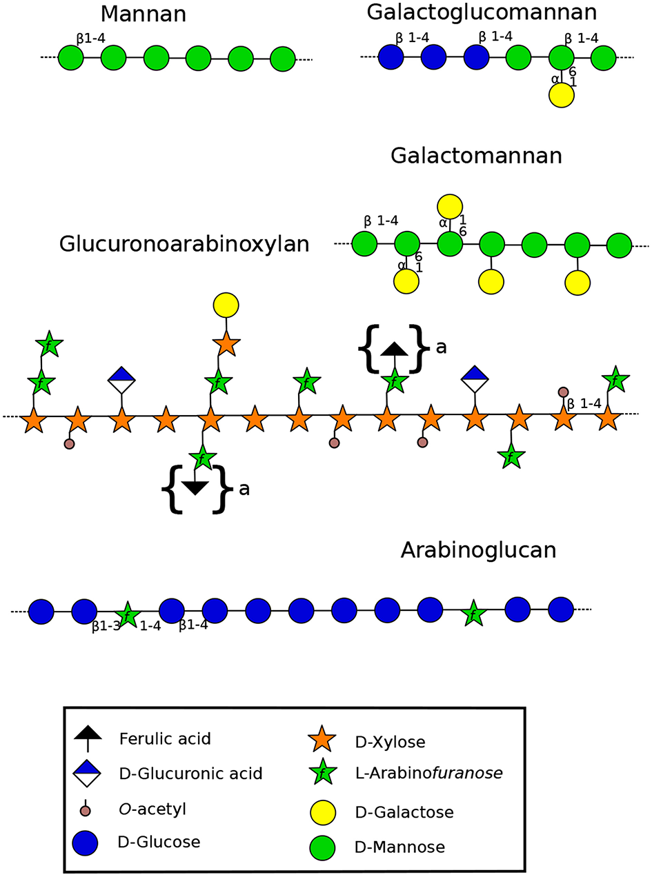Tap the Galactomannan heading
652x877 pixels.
tap(476, 156)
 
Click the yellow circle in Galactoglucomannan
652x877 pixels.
tap(562, 94)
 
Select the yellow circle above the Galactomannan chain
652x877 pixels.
tap(449, 206)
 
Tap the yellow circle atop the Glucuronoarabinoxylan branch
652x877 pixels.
tap(226, 304)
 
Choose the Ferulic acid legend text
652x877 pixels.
tap(165, 739)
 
